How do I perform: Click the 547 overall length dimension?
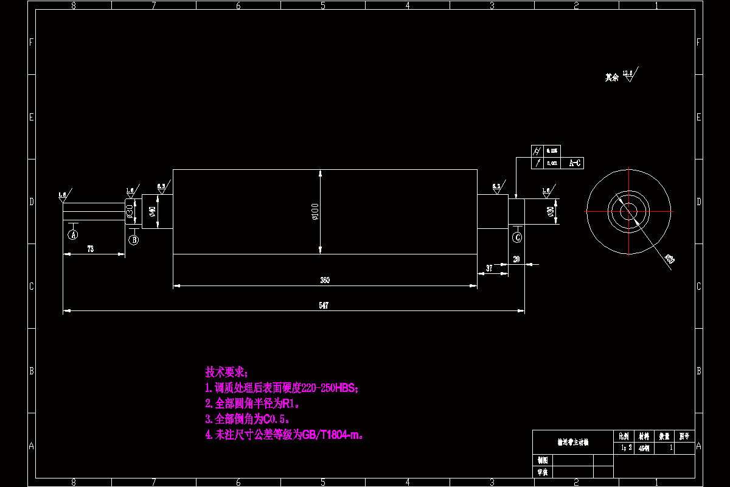[x=324, y=306]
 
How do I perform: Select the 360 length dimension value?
[x=325, y=280]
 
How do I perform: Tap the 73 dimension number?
[x=90, y=249]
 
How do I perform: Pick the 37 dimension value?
[x=489, y=268]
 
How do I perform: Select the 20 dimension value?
[x=516, y=259]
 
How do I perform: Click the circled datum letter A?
[x=74, y=234]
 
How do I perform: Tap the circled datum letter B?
[x=134, y=240]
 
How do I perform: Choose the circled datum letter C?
[x=518, y=236]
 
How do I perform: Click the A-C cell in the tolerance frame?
[x=575, y=163]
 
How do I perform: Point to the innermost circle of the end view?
[x=628, y=211]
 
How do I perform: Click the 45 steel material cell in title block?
[x=644, y=447]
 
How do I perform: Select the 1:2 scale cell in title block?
[x=624, y=447]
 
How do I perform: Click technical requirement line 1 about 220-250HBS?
[x=282, y=388]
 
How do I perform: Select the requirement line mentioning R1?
[x=252, y=403]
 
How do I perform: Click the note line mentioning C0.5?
[x=247, y=419]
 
